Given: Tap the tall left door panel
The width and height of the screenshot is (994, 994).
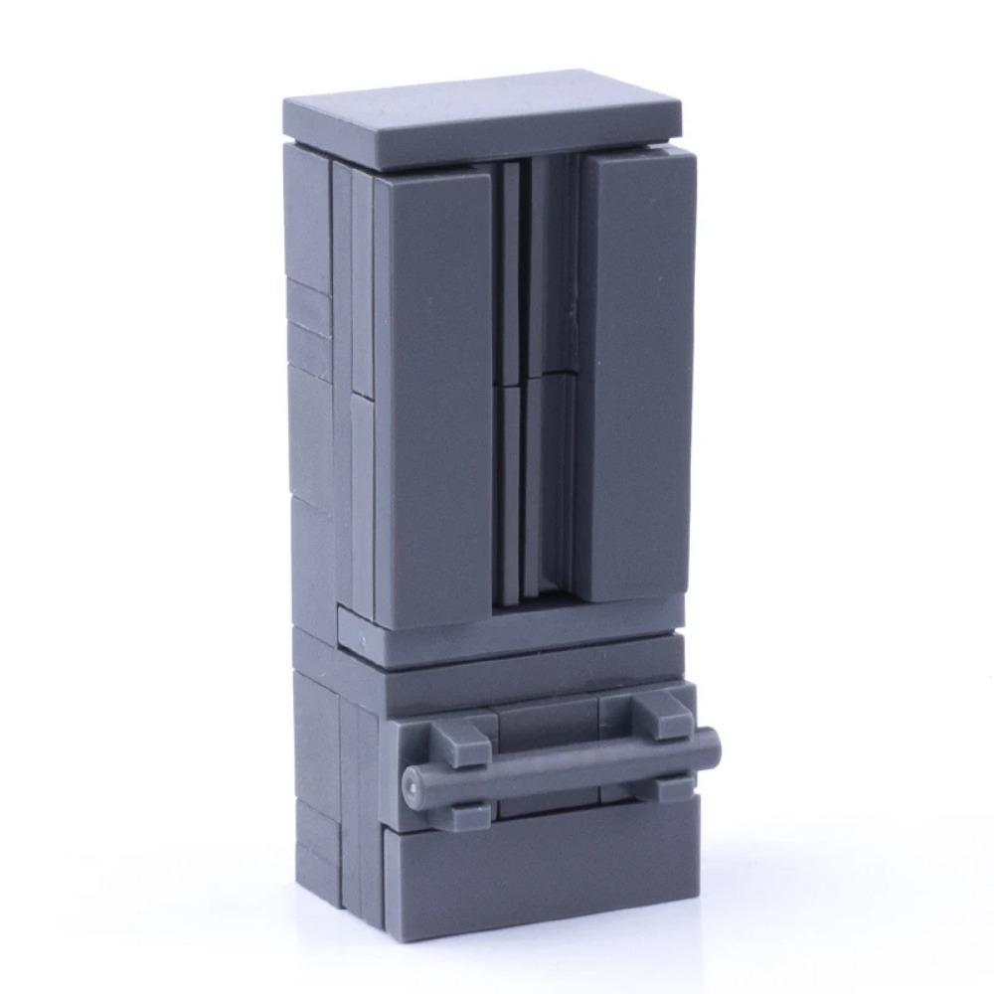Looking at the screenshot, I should point(433,398).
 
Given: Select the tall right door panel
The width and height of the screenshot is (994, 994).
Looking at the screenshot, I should point(639,378).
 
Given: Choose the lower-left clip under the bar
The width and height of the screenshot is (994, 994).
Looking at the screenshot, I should point(467,813).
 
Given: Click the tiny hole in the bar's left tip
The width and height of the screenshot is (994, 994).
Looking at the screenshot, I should point(410,786).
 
